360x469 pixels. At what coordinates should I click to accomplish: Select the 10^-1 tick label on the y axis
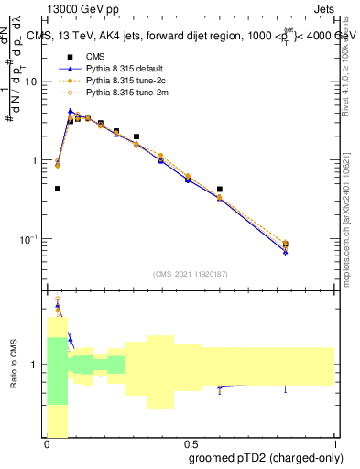coord(31,238)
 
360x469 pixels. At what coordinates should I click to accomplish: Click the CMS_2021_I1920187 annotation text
coord(191,274)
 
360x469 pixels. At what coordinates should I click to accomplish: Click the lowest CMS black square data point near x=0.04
coord(58,189)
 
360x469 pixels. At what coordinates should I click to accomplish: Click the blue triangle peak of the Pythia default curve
coord(71,111)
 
